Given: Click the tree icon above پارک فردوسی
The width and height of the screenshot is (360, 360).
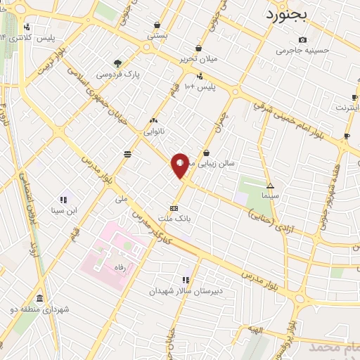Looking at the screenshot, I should [118, 63].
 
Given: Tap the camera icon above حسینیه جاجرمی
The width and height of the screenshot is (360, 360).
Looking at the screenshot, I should [302, 39].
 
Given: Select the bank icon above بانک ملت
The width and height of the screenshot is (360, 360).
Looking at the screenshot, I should [174, 207].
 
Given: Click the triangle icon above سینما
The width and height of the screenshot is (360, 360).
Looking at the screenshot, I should [270, 184].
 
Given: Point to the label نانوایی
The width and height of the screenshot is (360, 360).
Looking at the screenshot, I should [154, 131].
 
